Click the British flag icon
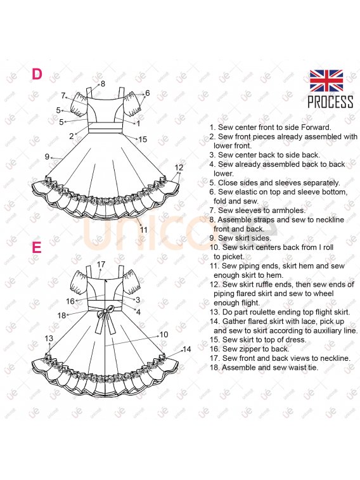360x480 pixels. (326, 81)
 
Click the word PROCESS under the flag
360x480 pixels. (330, 102)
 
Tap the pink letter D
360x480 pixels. (37, 74)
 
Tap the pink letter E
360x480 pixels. (36, 247)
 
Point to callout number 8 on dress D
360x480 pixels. (103, 84)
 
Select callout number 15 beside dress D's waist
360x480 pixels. (143, 139)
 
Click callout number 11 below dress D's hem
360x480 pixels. (144, 230)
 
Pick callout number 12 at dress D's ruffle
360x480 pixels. (179, 167)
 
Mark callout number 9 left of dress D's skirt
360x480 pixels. (47, 157)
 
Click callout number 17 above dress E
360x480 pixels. (101, 264)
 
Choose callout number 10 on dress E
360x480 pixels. (164, 334)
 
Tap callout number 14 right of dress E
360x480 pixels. (186, 349)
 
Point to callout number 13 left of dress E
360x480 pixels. (49, 338)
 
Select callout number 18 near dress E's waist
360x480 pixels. (61, 315)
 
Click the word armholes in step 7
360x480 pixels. (289, 211)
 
